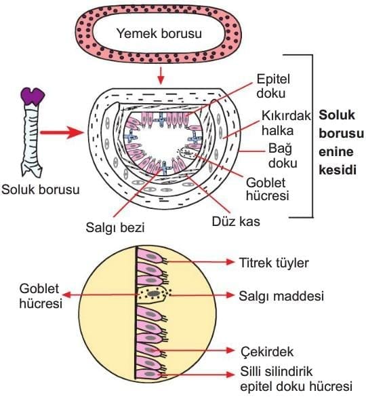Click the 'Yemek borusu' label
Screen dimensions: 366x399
pos(159,34)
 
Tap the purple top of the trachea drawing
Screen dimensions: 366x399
pos(33,96)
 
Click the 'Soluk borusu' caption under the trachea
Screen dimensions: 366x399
pos(41,189)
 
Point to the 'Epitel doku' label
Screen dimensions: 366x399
pos(273,86)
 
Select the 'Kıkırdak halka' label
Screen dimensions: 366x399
pos(286,123)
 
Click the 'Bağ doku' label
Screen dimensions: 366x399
pos(283,156)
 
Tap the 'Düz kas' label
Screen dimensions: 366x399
pos(236,222)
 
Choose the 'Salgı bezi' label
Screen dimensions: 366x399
pos(115,227)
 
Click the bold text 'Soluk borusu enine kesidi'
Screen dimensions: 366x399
pos(341,142)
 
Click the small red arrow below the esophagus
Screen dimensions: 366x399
pos(160,75)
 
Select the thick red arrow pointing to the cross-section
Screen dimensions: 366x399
pos(62,132)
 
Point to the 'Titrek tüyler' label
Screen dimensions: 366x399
pos(274,263)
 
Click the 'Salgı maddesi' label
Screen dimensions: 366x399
pos(281,296)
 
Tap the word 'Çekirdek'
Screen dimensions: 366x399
pos(267,352)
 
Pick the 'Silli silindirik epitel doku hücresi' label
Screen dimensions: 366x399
pos(296,379)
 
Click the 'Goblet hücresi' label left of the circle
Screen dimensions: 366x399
pos(41,296)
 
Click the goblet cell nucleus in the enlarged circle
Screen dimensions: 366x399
pos(153,294)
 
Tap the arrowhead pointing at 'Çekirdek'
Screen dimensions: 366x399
pos(230,350)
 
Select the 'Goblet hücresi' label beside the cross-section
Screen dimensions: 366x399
pos(267,189)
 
